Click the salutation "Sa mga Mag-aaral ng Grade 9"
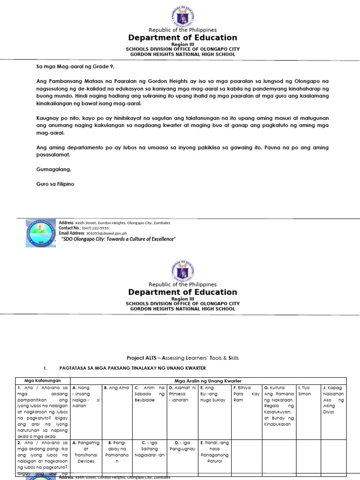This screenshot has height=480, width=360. click(75, 67)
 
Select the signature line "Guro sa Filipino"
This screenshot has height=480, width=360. click(55, 184)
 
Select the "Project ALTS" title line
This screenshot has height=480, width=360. click(180, 358)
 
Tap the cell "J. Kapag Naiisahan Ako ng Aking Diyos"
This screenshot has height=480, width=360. click(334, 397)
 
